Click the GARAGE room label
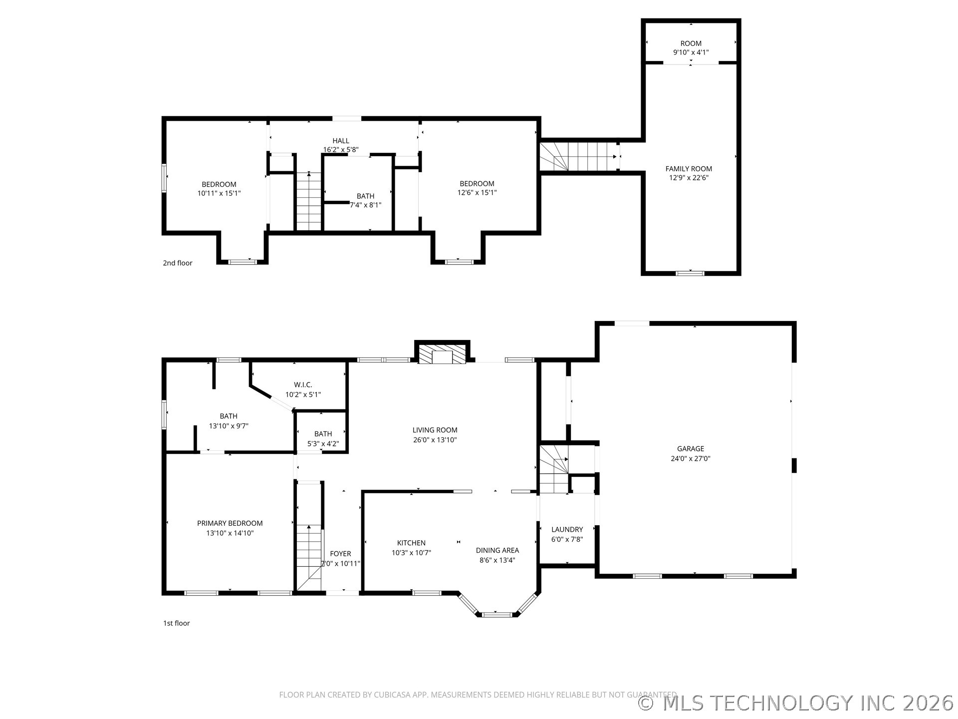(x=690, y=448)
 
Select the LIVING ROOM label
(x=435, y=430)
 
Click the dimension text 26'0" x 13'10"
(x=435, y=440)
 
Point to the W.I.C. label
(x=303, y=384)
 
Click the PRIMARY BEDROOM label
(x=230, y=523)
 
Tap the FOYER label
(x=340, y=553)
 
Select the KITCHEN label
(x=411, y=543)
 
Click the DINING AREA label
(x=497, y=550)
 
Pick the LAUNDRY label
(x=567, y=529)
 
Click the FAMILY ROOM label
(x=689, y=169)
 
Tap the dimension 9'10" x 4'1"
(x=691, y=52)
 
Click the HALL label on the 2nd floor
(x=341, y=141)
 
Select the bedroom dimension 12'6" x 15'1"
(x=477, y=193)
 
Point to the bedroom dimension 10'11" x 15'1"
(x=219, y=193)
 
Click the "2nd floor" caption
(x=177, y=263)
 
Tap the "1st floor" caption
(x=176, y=623)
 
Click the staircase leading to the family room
(x=579, y=156)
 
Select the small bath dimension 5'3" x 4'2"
(x=323, y=443)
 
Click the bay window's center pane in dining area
(x=496, y=614)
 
